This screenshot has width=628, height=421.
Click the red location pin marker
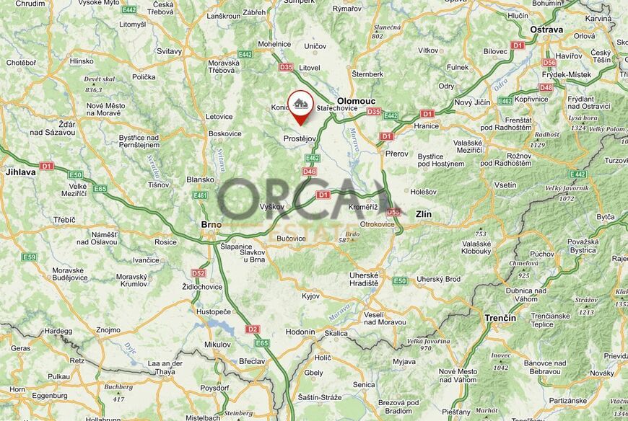pyautogui.click(x=300, y=106)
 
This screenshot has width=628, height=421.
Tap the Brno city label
pyautogui.click(x=211, y=225)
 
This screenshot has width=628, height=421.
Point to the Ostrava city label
pyautogui.click(x=546, y=30)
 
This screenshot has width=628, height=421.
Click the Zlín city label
pyautogui.click(x=424, y=214)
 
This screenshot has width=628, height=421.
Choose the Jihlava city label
pyautogui.click(x=20, y=172)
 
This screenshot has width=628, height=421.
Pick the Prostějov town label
pyautogui.click(x=300, y=138)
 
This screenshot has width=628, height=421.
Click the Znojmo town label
pyautogui.click(x=108, y=329)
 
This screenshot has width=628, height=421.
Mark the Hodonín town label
pyautogui.click(x=300, y=332)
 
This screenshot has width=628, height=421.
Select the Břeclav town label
pyautogui.click(x=250, y=361)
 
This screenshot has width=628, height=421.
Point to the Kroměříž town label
pyautogui.click(x=362, y=207)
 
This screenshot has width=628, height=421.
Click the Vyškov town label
pyautogui.click(x=272, y=207)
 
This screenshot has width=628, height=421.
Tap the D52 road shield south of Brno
pyautogui.click(x=199, y=273)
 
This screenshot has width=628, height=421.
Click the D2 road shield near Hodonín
pyautogui.click(x=252, y=329)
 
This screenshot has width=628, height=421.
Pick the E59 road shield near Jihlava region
pyautogui.click(x=30, y=257)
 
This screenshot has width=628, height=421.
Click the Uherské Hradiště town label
pyautogui.click(x=364, y=279)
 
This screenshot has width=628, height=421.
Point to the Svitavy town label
pyautogui.click(x=170, y=52)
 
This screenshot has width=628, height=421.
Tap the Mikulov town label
pyautogui.click(x=217, y=344)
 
